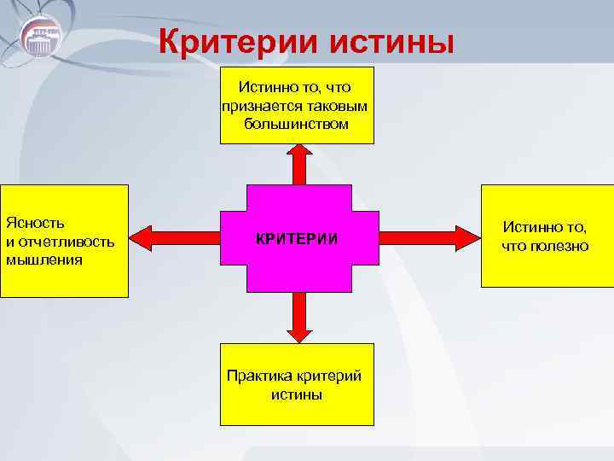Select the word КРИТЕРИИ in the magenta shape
click(x=297, y=240)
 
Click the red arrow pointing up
click(x=298, y=164)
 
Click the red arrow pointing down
click(x=298, y=317)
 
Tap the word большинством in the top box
click(x=296, y=125)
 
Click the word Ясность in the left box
click(x=35, y=223)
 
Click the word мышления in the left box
click(x=43, y=260)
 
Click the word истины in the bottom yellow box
click(x=296, y=395)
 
